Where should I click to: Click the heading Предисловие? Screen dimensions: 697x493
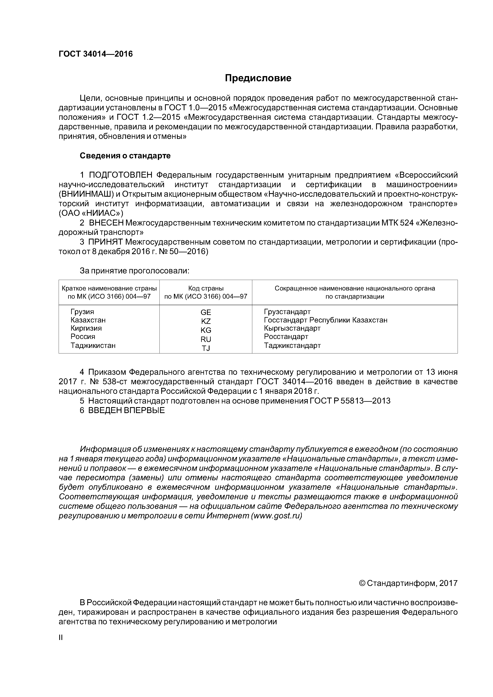pos(258,78)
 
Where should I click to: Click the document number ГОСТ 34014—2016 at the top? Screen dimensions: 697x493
pos(96,54)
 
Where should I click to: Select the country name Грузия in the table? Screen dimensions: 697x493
pos(82,312)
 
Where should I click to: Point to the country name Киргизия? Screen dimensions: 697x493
pos(86,328)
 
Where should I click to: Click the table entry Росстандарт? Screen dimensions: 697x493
pos(286,336)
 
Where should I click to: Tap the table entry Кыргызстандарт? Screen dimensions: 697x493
pos(292,328)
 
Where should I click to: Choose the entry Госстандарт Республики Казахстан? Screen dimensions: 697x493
pos(325,320)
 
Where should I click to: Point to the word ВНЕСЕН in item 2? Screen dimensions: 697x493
pos(106,223)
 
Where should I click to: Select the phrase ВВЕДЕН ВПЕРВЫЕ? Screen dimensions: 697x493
pos(126,410)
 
